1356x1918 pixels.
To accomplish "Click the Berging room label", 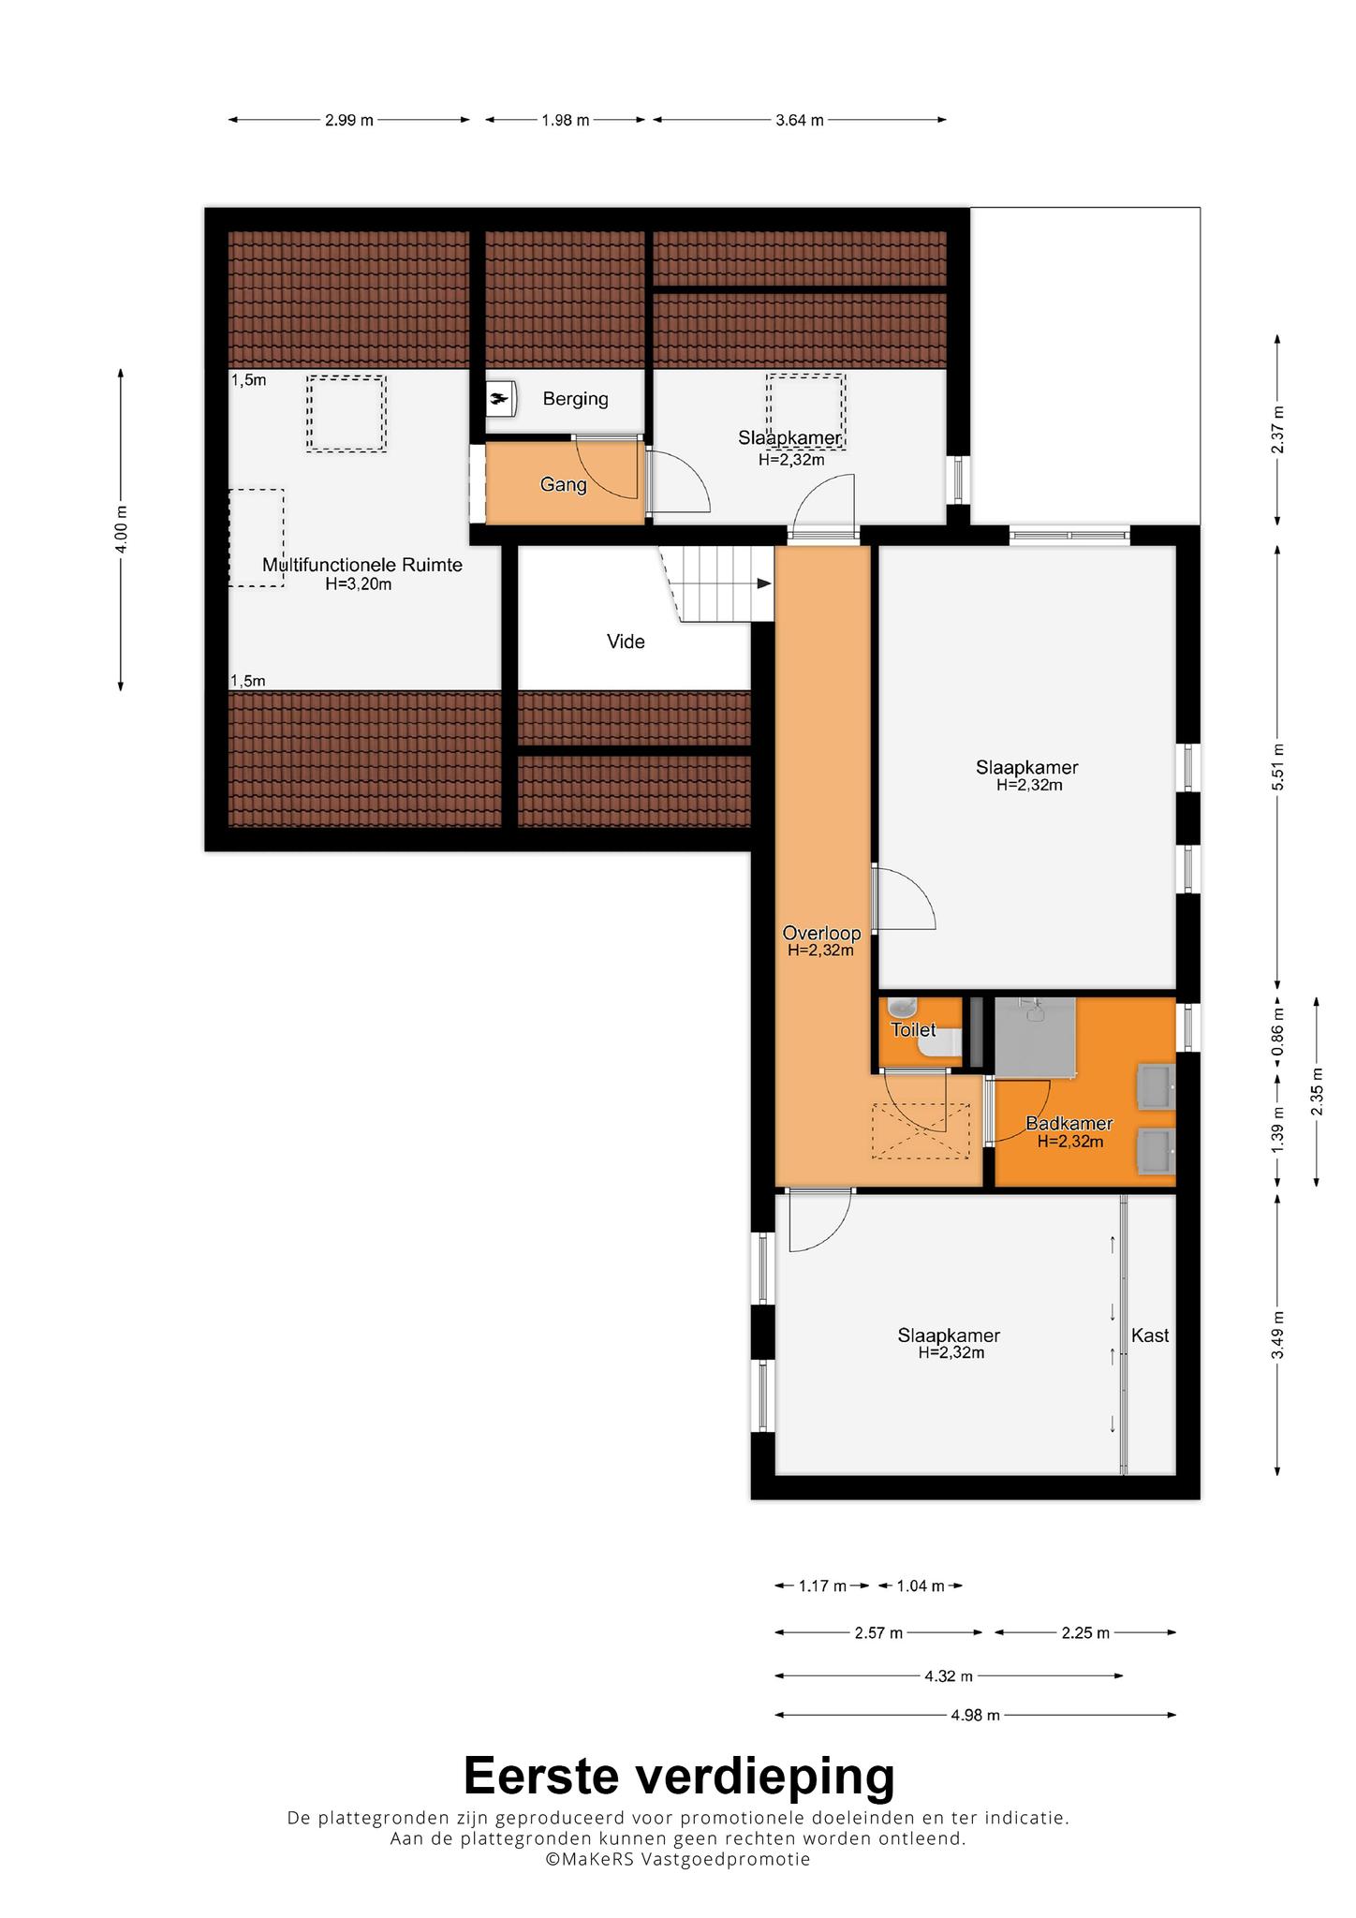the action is click(x=575, y=399).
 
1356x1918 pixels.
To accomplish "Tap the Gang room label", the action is click(x=563, y=484).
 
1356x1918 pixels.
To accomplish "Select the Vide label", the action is click(x=626, y=642).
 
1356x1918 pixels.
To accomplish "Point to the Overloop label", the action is click(x=821, y=933).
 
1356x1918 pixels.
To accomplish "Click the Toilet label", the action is click(x=913, y=1029).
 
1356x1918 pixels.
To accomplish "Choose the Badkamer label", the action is click(x=1069, y=1123).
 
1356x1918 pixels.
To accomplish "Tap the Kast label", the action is click(x=1150, y=1335).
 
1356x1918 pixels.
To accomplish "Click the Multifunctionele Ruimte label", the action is click(x=362, y=565).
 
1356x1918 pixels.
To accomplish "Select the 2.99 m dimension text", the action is click(x=349, y=120).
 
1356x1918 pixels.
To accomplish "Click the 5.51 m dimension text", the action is click(x=1278, y=767).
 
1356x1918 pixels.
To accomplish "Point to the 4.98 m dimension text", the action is click(x=976, y=1715).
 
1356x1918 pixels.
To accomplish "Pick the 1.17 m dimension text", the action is click(x=822, y=1586).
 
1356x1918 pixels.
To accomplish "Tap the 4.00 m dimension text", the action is click(x=121, y=529).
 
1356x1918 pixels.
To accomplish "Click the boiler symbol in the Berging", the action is click(x=501, y=400).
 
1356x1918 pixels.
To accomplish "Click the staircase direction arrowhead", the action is click(x=764, y=583).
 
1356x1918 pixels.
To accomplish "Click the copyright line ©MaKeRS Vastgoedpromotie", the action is click(x=678, y=1859).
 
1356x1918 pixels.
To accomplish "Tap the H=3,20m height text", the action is click(x=359, y=584).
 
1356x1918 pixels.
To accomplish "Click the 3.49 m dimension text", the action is click(x=1278, y=1335).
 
